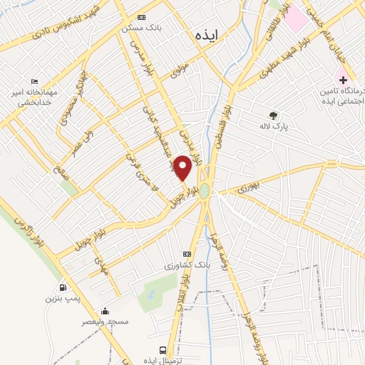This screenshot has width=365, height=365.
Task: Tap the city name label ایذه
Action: (204, 34)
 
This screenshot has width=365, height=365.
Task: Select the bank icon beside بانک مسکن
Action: (141, 18)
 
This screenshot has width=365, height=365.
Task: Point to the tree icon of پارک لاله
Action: (273, 115)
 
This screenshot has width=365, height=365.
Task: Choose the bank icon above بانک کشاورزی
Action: (187, 254)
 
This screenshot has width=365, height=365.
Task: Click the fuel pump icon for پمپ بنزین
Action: (64, 288)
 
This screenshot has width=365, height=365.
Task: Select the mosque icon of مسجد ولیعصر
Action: (106, 311)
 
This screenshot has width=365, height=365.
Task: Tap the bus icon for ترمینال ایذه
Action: (163, 351)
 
